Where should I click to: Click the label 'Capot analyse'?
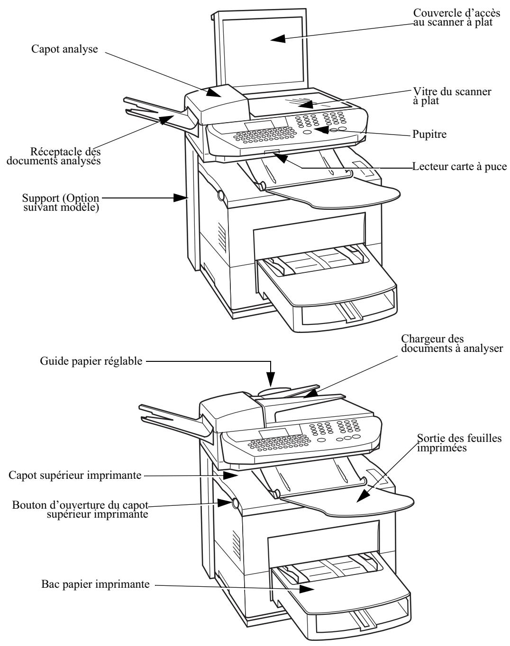(x=64, y=49)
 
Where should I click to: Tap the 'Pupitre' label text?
(x=429, y=134)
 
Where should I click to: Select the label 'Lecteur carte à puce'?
(x=459, y=166)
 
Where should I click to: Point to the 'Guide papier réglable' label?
(x=91, y=361)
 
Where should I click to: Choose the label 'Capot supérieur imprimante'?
(x=75, y=475)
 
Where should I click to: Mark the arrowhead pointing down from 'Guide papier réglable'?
(x=271, y=380)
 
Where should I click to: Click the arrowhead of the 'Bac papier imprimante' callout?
(x=307, y=589)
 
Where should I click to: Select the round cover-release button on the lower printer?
(x=235, y=503)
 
